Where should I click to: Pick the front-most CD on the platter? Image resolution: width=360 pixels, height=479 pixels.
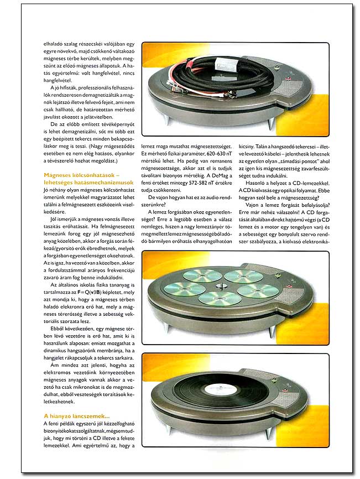tap(220, 298)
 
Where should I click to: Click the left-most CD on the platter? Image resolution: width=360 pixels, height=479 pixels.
tap(186, 288)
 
